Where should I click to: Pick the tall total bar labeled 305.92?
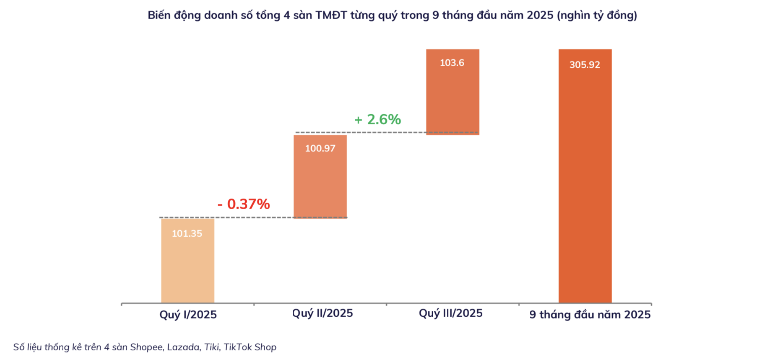[585, 185]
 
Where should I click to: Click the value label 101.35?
[187, 234]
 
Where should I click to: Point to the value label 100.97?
[320, 148]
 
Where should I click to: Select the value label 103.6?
[452, 63]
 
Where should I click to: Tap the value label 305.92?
[585, 65]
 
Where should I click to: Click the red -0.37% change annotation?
[244, 204]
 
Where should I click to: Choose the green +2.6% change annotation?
[378, 119]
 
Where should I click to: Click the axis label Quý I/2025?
[188, 314]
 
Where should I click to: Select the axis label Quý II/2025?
[322, 313]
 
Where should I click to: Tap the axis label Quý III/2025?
[451, 313]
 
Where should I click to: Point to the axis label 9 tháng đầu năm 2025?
[590, 314]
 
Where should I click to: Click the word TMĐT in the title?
[331, 15]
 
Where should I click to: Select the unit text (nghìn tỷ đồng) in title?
[597, 15]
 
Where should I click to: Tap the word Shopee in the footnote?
[146, 347]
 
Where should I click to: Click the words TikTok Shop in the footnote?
[250, 347]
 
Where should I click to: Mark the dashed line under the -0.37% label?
[253, 217]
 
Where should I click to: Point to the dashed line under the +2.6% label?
[386, 132]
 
